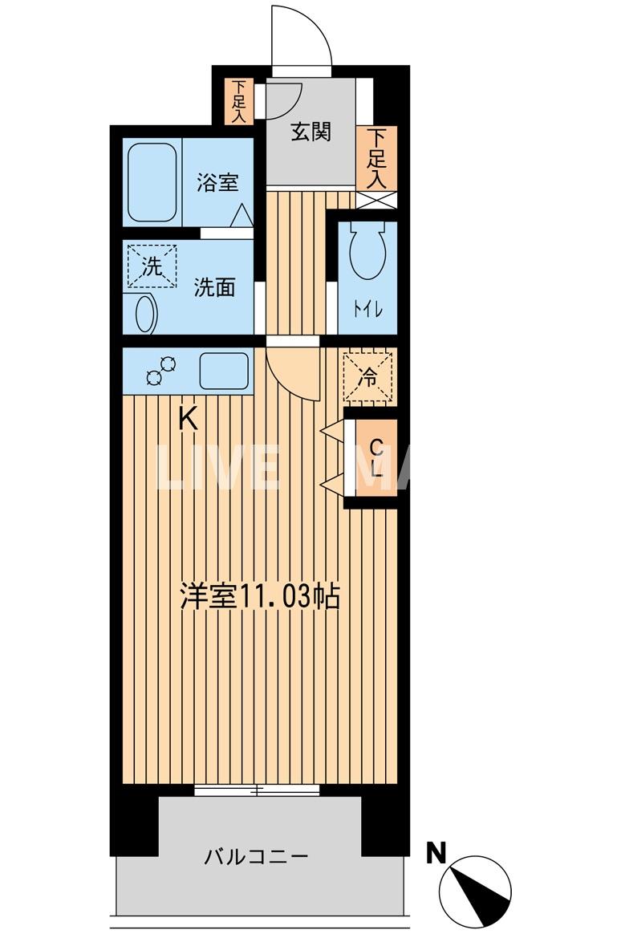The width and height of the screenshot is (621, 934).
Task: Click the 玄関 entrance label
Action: coord(310,132)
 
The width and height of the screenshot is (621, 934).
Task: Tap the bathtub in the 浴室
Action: coord(152,182)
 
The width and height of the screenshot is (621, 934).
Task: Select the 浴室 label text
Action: coord(217,182)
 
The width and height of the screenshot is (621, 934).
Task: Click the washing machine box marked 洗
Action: coord(151,266)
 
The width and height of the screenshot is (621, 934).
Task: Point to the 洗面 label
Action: coord(214,286)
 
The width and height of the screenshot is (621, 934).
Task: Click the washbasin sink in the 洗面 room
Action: coord(145,313)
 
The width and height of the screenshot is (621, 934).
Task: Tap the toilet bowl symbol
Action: coord(367,249)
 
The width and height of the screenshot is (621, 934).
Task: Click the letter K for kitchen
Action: coord(187,418)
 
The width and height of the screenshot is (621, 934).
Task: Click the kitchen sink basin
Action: coord(224,370)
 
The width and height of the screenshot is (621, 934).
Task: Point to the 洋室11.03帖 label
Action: coord(259,598)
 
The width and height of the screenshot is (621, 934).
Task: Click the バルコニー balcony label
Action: coord(255,856)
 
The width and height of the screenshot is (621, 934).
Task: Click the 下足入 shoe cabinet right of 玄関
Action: coord(376,158)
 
